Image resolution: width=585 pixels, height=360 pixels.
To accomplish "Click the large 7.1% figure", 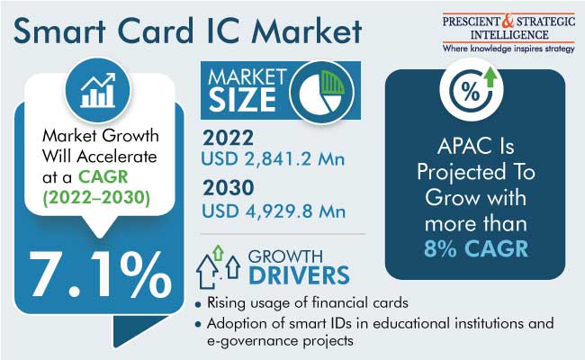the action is (101, 274).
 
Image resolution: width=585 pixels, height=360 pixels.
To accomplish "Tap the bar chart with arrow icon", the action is (98, 90).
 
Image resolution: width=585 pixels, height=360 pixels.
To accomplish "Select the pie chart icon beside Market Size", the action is (321, 92).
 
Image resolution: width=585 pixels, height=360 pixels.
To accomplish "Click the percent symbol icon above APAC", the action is (472, 89).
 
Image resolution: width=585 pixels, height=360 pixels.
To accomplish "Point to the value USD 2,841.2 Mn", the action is (273, 159).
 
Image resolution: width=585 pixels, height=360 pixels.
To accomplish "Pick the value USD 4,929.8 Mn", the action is (274, 211).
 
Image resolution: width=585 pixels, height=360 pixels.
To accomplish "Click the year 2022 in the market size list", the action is (228, 138).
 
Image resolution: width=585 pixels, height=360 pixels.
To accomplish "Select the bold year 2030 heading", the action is (229, 187).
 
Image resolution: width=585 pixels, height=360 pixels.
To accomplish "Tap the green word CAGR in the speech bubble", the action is (103, 176).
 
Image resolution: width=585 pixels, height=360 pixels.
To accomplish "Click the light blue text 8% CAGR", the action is (476, 248).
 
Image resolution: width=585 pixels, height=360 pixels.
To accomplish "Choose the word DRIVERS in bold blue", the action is (299, 275).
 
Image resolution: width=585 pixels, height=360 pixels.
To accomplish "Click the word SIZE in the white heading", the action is (242, 100).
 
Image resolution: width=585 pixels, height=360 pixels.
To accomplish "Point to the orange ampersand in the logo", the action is (508, 21).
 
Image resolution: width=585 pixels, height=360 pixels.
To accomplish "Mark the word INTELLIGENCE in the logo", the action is (509, 35).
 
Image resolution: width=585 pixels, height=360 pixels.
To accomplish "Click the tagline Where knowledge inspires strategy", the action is (508, 49).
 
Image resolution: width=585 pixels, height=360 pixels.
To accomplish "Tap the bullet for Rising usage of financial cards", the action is (198, 305).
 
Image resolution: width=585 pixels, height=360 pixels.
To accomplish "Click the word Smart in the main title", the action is (59, 31).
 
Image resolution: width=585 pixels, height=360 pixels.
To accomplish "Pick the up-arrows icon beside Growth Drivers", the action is (219, 266).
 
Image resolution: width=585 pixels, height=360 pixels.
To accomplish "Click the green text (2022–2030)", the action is (96, 198).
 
